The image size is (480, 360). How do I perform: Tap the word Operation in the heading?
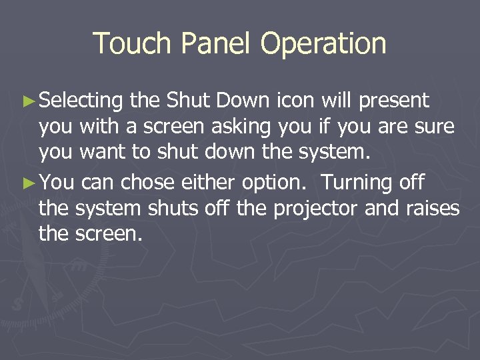[323, 44]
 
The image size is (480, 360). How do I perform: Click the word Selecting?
[81, 102]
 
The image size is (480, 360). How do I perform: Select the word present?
[394, 102]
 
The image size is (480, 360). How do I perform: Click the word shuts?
[171, 209]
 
